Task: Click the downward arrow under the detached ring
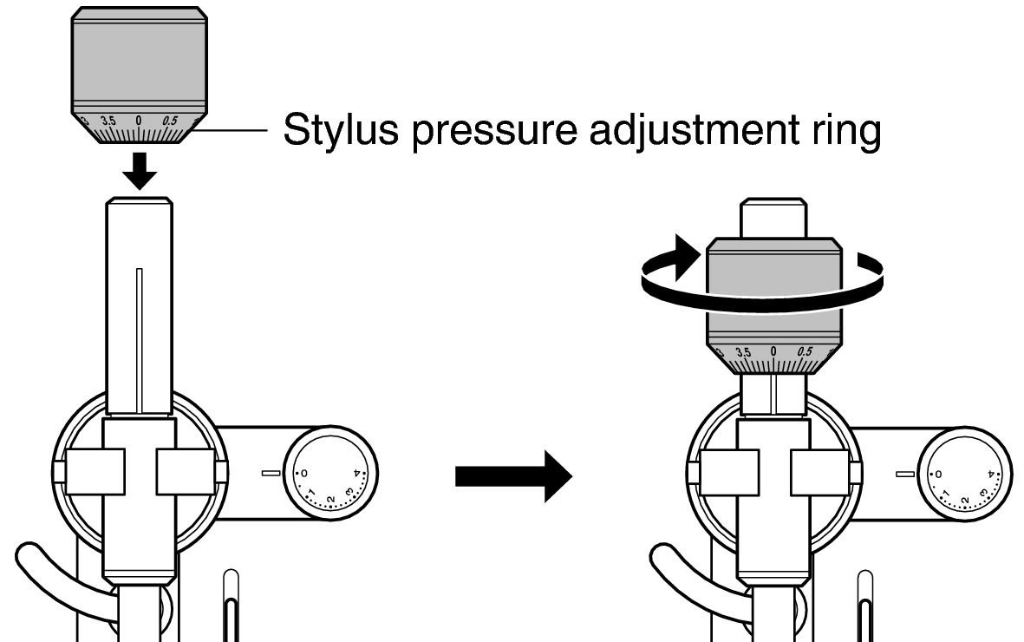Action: click(x=140, y=171)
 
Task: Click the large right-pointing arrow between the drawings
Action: click(x=513, y=476)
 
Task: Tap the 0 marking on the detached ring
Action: click(x=139, y=121)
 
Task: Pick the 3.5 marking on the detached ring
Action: click(x=108, y=121)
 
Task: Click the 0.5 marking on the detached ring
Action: click(x=170, y=121)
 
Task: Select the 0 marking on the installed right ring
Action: click(x=773, y=351)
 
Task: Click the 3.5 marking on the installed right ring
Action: click(x=743, y=352)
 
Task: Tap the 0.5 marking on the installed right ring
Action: click(x=805, y=351)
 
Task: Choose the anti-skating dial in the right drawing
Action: click(x=965, y=474)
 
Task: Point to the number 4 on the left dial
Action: click(x=356, y=473)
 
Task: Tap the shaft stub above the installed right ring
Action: click(x=774, y=218)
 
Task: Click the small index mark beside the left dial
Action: click(x=271, y=473)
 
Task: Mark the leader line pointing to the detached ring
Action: click(x=229, y=130)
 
